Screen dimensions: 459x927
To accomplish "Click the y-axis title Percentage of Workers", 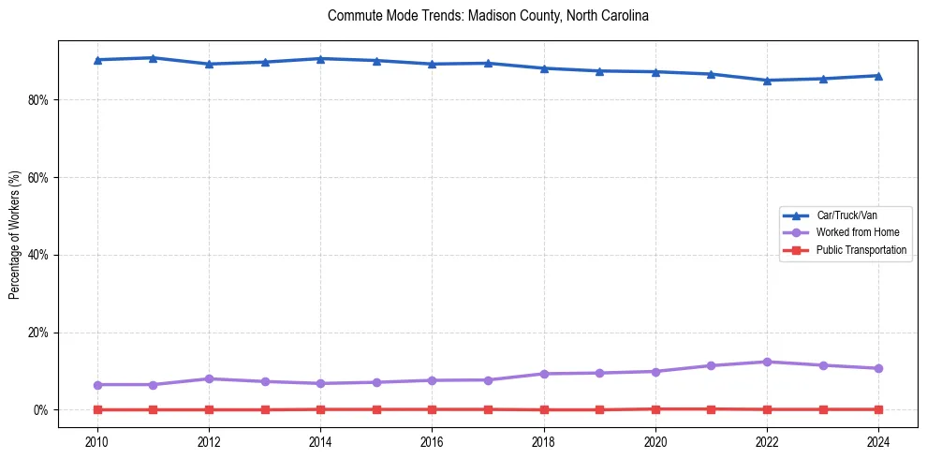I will pyautogui.click(x=14, y=234).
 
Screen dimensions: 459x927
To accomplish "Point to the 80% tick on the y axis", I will pyautogui.click(x=38, y=100).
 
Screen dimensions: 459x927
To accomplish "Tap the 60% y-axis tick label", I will pyautogui.click(x=38, y=178).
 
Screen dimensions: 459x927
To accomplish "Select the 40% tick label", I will pyautogui.click(x=38, y=255).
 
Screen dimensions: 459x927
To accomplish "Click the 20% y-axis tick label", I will pyautogui.click(x=38, y=333).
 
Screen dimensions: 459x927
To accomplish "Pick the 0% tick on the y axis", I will pyautogui.click(x=41, y=410).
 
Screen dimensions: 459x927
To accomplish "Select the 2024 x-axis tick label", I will pyautogui.click(x=879, y=440).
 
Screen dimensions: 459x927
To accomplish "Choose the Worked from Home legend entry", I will pyautogui.click(x=858, y=232).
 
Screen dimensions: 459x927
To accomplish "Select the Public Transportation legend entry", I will pyautogui.click(x=861, y=250).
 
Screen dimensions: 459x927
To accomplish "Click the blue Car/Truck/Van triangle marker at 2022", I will pyautogui.click(x=768, y=81).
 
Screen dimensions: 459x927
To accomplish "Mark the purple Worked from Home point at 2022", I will pyautogui.click(x=768, y=362).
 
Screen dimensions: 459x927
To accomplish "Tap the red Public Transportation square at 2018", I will pyautogui.click(x=544, y=409).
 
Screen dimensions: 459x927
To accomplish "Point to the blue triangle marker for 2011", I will pyautogui.click(x=153, y=58).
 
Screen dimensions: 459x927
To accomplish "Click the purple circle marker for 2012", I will pyautogui.click(x=209, y=378).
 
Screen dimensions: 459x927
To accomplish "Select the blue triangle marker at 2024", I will pyautogui.click(x=879, y=76).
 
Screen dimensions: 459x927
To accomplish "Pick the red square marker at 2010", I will pyautogui.click(x=97, y=409).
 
